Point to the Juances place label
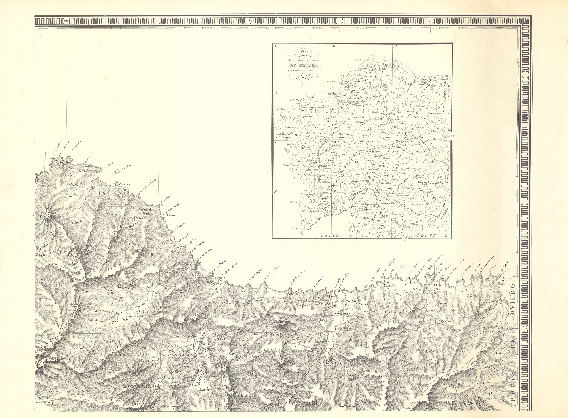[45, 185]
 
